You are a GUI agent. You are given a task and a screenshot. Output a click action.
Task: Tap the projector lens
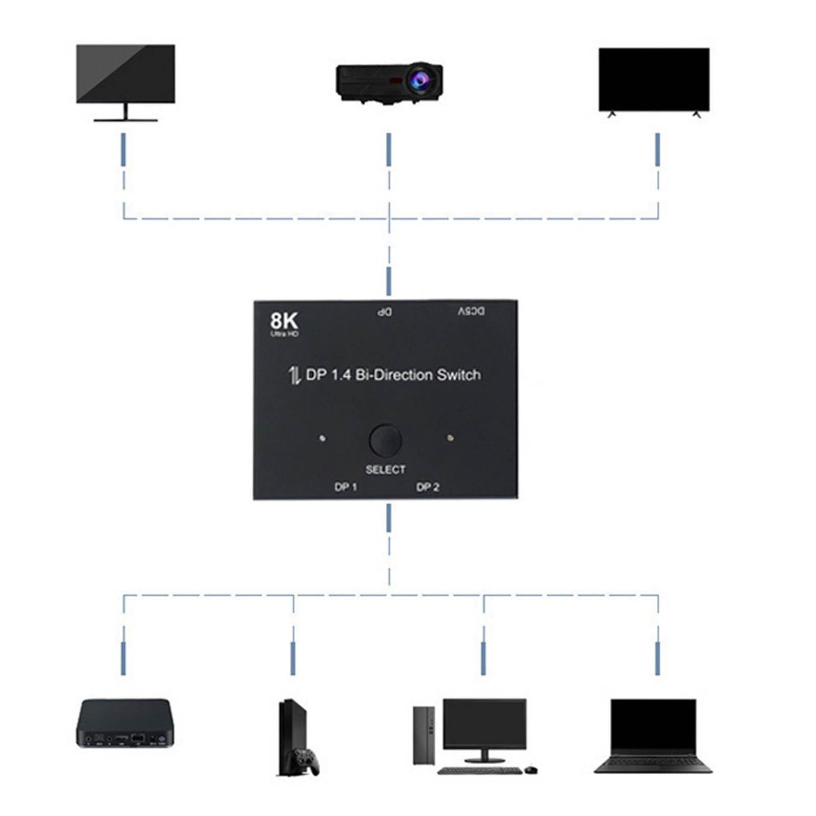421,77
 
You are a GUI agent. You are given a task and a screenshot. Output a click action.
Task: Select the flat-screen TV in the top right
654,80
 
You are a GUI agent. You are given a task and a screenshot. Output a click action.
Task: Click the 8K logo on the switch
283,321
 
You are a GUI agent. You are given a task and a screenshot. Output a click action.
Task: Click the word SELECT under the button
385,469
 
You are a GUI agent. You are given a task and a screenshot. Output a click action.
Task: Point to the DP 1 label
346,487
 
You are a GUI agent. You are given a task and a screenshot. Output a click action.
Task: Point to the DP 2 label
427,487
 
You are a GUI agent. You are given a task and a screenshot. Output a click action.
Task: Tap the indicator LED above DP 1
322,438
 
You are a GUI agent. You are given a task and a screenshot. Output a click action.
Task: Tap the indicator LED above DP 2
450,438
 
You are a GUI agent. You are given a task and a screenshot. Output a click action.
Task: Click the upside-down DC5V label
471,311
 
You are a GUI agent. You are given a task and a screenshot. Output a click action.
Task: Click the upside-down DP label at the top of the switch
385,312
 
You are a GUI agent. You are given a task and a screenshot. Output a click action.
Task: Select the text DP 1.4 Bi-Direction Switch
393,375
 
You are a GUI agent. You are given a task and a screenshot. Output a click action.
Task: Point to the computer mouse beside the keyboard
531,769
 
